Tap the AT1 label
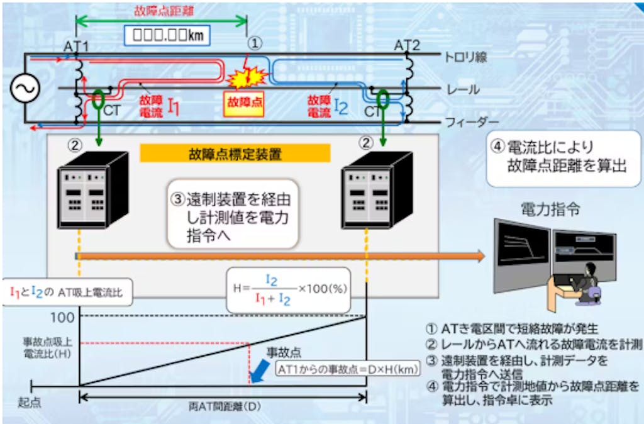(x=75, y=47)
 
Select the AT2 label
(x=407, y=46)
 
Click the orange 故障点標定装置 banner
(x=235, y=153)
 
